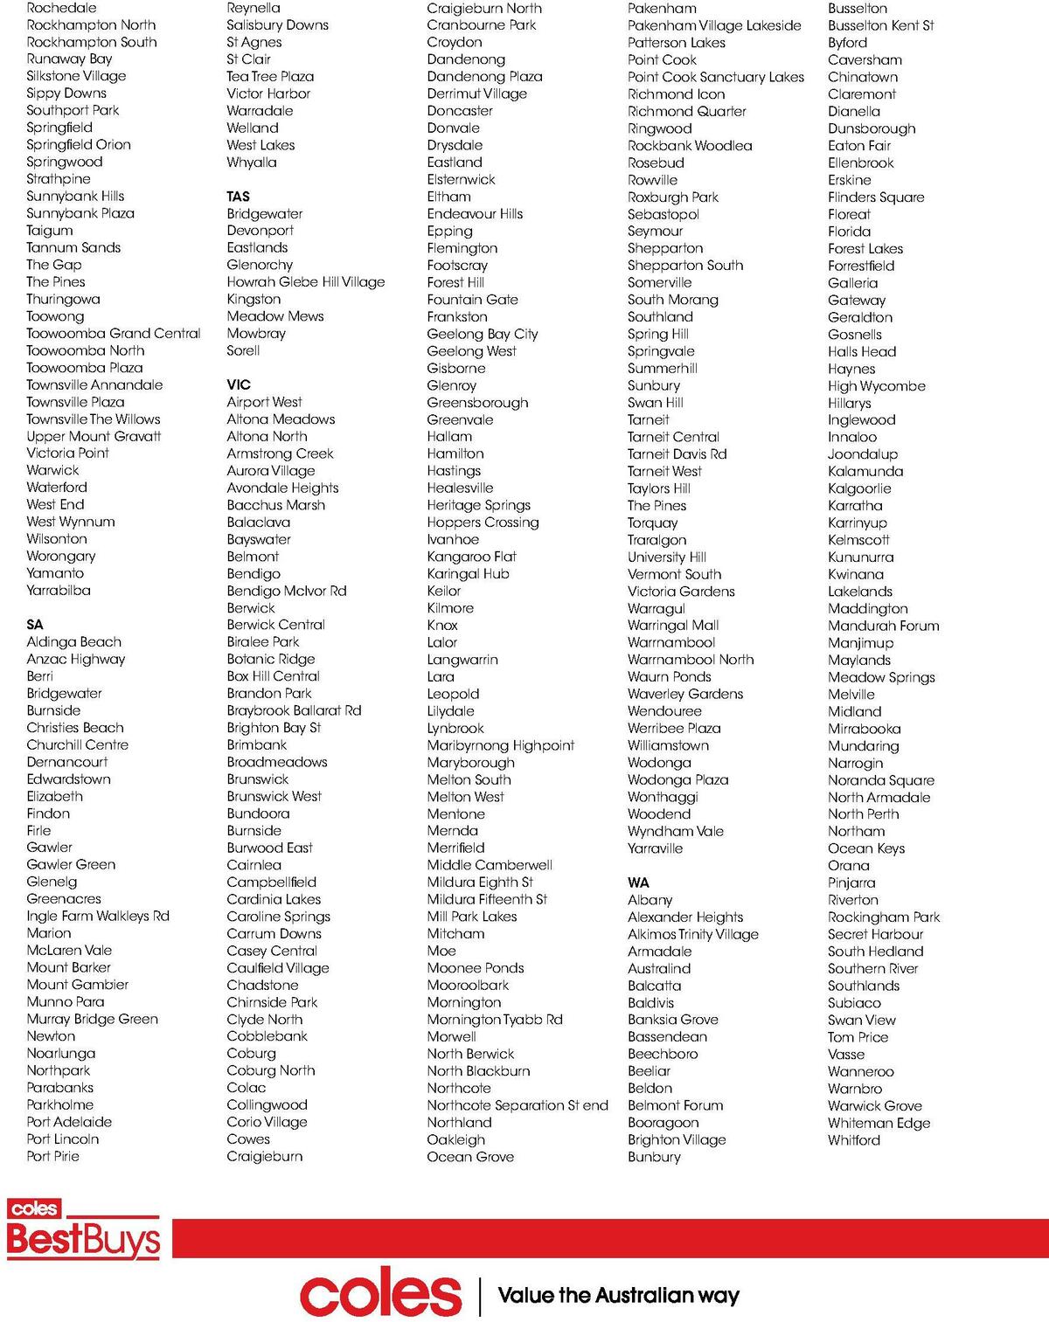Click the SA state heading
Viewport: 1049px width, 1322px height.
tap(35, 625)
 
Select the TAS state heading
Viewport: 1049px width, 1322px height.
tap(238, 197)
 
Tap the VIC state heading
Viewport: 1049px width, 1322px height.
tap(239, 384)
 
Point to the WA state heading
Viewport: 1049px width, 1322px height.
tap(638, 882)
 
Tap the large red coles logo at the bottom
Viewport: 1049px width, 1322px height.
tap(380, 1295)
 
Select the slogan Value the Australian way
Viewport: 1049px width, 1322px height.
tap(618, 1295)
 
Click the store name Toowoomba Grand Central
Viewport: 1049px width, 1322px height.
tap(114, 333)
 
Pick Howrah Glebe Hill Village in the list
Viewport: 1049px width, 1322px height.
tap(305, 282)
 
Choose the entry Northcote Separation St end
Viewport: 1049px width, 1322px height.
tap(518, 1105)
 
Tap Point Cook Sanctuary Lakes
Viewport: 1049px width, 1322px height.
tap(715, 77)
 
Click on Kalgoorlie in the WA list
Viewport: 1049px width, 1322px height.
tap(859, 488)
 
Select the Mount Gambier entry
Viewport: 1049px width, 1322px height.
tap(78, 985)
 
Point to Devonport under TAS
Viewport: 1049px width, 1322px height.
tap(261, 231)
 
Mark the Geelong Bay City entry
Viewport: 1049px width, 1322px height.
tap(483, 334)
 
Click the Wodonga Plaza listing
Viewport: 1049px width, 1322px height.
tap(677, 779)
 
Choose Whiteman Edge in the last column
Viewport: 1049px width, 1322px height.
tap(879, 1123)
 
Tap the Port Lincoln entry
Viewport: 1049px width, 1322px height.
tap(63, 1139)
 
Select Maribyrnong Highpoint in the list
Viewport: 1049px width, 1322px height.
tap(500, 745)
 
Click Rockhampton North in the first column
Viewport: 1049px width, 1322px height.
tap(91, 25)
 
